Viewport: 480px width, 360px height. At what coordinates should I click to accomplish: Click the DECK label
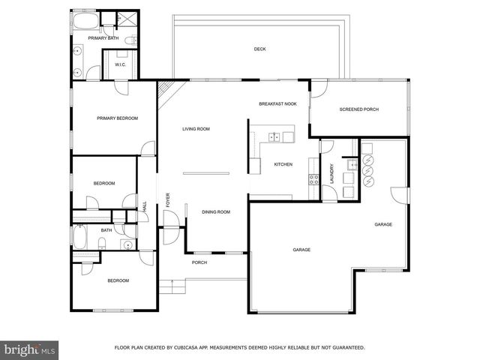[x=259, y=49]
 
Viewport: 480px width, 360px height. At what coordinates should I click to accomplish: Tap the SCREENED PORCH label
[x=359, y=109]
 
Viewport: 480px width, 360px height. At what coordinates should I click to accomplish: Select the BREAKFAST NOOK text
[x=278, y=104]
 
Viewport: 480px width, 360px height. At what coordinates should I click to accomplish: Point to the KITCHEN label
[x=283, y=164]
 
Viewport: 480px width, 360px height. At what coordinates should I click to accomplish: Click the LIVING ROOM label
[x=196, y=129]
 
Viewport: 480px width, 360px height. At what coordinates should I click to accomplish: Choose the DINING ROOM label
[x=216, y=211]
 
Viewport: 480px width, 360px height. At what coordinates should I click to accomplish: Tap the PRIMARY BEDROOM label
[x=117, y=118]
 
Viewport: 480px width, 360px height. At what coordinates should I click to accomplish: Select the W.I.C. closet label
[x=120, y=65]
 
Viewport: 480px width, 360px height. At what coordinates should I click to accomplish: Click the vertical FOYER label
[x=168, y=200]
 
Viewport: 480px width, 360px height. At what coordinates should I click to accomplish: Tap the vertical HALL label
[x=145, y=205]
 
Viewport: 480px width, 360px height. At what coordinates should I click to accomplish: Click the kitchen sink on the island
[x=275, y=137]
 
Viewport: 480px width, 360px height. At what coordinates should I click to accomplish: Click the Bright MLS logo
[x=30, y=349]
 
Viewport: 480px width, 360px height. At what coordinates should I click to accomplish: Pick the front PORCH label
[x=199, y=262]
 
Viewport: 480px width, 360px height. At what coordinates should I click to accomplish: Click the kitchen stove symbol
[x=313, y=179]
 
